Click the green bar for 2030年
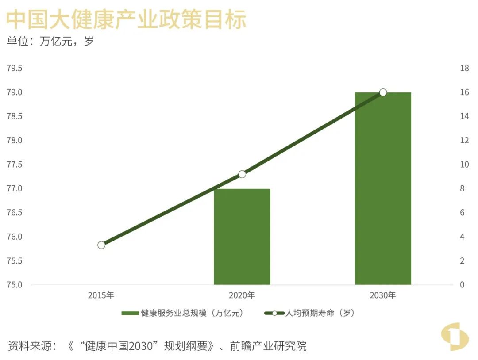(383, 188)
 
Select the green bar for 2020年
(242, 237)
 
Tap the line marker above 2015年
(101, 245)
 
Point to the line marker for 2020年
(242, 174)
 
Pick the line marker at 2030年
(383, 92)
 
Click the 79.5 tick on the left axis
(14, 69)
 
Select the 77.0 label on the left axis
(14, 189)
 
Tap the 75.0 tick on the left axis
(14, 285)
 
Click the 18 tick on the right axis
(464, 69)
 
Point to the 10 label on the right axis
(464, 165)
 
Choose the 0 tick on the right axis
(463, 285)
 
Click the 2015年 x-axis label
(101, 295)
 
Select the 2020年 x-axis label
(242, 295)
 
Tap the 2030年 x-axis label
(383, 295)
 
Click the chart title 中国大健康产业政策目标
(126, 20)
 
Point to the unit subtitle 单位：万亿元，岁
(50, 42)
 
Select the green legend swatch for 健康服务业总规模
(130, 314)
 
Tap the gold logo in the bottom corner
(455, 338)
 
